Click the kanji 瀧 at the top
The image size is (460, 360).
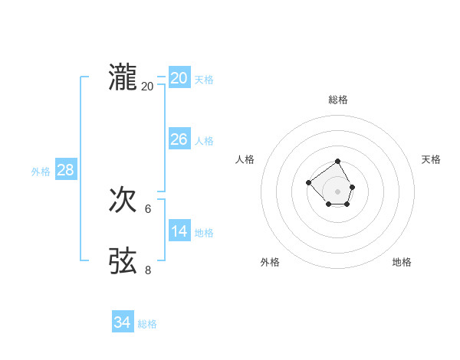[x=123, y=77]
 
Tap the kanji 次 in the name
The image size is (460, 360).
[x=123, y=200]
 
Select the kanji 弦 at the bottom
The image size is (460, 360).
[x=123, y=260]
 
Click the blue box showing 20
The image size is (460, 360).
[x=179, y=78]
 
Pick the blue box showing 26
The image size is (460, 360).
[x=179, y=139]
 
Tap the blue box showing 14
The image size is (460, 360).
[x=179, y=231]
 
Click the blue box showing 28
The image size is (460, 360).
[x=65, y=170]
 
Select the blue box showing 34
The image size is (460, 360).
[x=122, y=322]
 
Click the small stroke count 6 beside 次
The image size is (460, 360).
[x=148, y=208]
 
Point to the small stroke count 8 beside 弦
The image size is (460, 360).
[x=148, y=270]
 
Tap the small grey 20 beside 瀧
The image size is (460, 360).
[x=147, y=87]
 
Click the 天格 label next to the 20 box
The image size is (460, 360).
[x=204, y=80]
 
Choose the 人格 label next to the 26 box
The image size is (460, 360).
[x=204, y=141]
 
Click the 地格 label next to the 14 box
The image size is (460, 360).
[x=204, y=233]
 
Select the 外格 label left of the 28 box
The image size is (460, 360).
[x=41, y=172]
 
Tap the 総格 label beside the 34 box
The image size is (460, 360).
[x=147, y=324]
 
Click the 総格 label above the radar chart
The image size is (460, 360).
[x=338, y=100]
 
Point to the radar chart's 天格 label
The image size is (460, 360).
[x=431, y=159]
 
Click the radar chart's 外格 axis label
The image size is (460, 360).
[x=270, y=262]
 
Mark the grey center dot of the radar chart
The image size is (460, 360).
[x=338, y=191]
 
